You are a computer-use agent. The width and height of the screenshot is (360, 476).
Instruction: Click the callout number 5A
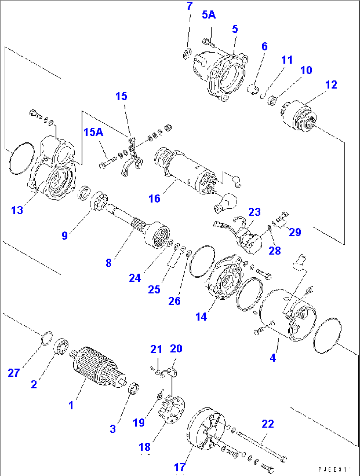[208, 15]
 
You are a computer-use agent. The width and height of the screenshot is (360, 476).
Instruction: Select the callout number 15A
[93, 132]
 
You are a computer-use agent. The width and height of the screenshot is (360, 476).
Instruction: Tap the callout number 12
[331, 85]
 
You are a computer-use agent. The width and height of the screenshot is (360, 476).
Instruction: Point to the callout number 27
[14, 373]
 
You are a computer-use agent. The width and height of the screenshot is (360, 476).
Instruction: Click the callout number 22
[268, 424]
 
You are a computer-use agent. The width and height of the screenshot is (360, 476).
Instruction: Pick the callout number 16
[154, 198]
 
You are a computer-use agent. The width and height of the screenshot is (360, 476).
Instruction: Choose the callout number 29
[295, 232]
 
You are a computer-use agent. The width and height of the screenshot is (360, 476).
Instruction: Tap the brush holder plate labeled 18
[172, 409]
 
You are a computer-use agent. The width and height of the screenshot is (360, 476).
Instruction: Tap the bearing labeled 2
[61, 346]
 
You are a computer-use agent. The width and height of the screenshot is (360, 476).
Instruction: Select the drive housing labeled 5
[221, 73]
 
